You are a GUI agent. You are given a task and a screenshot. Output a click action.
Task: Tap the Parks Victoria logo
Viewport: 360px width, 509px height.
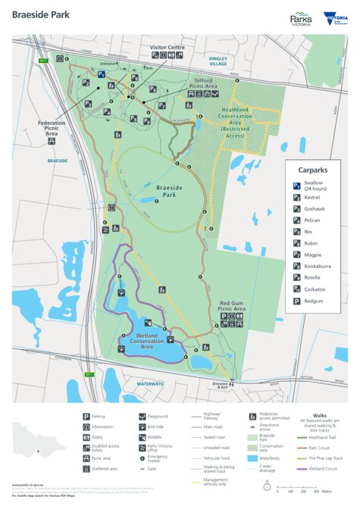[x=301, y=19]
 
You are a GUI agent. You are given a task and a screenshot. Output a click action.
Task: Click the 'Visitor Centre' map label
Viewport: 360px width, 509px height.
[x=167, y=48]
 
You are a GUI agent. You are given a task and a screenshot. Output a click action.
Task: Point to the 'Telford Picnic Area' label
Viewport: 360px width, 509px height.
[x=203, y=83]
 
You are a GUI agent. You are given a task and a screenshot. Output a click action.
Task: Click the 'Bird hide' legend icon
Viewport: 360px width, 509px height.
[x=142, y=426]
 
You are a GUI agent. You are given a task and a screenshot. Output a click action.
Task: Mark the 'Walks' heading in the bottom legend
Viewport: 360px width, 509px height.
[x=320, y=415]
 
